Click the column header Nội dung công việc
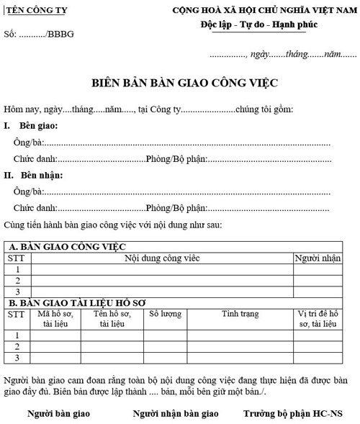162,257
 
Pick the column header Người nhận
317,257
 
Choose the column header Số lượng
163,314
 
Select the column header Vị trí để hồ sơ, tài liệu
317,319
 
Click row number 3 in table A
17,292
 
